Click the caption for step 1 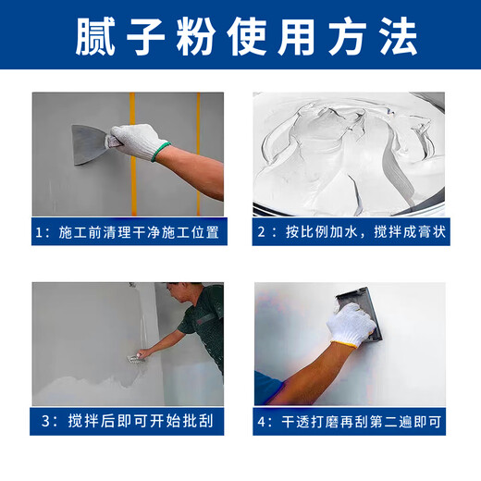point(128,231)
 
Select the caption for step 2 point(350,231)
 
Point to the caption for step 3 point(128,421)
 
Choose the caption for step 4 point(350,421)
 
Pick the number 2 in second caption point(262,231)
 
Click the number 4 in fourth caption point(262,421)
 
